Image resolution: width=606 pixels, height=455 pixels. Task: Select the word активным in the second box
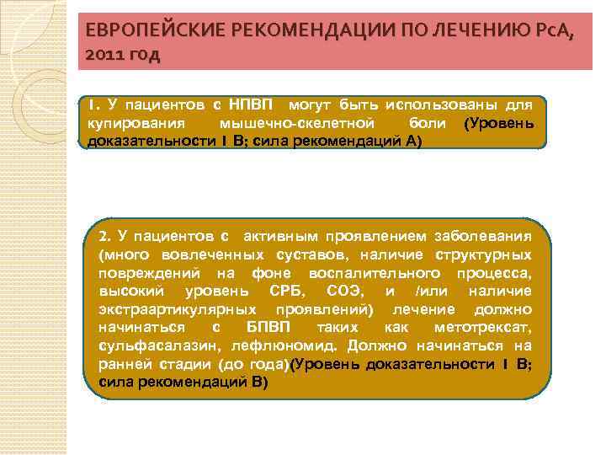pyautogui.click(x=282, y=235)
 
